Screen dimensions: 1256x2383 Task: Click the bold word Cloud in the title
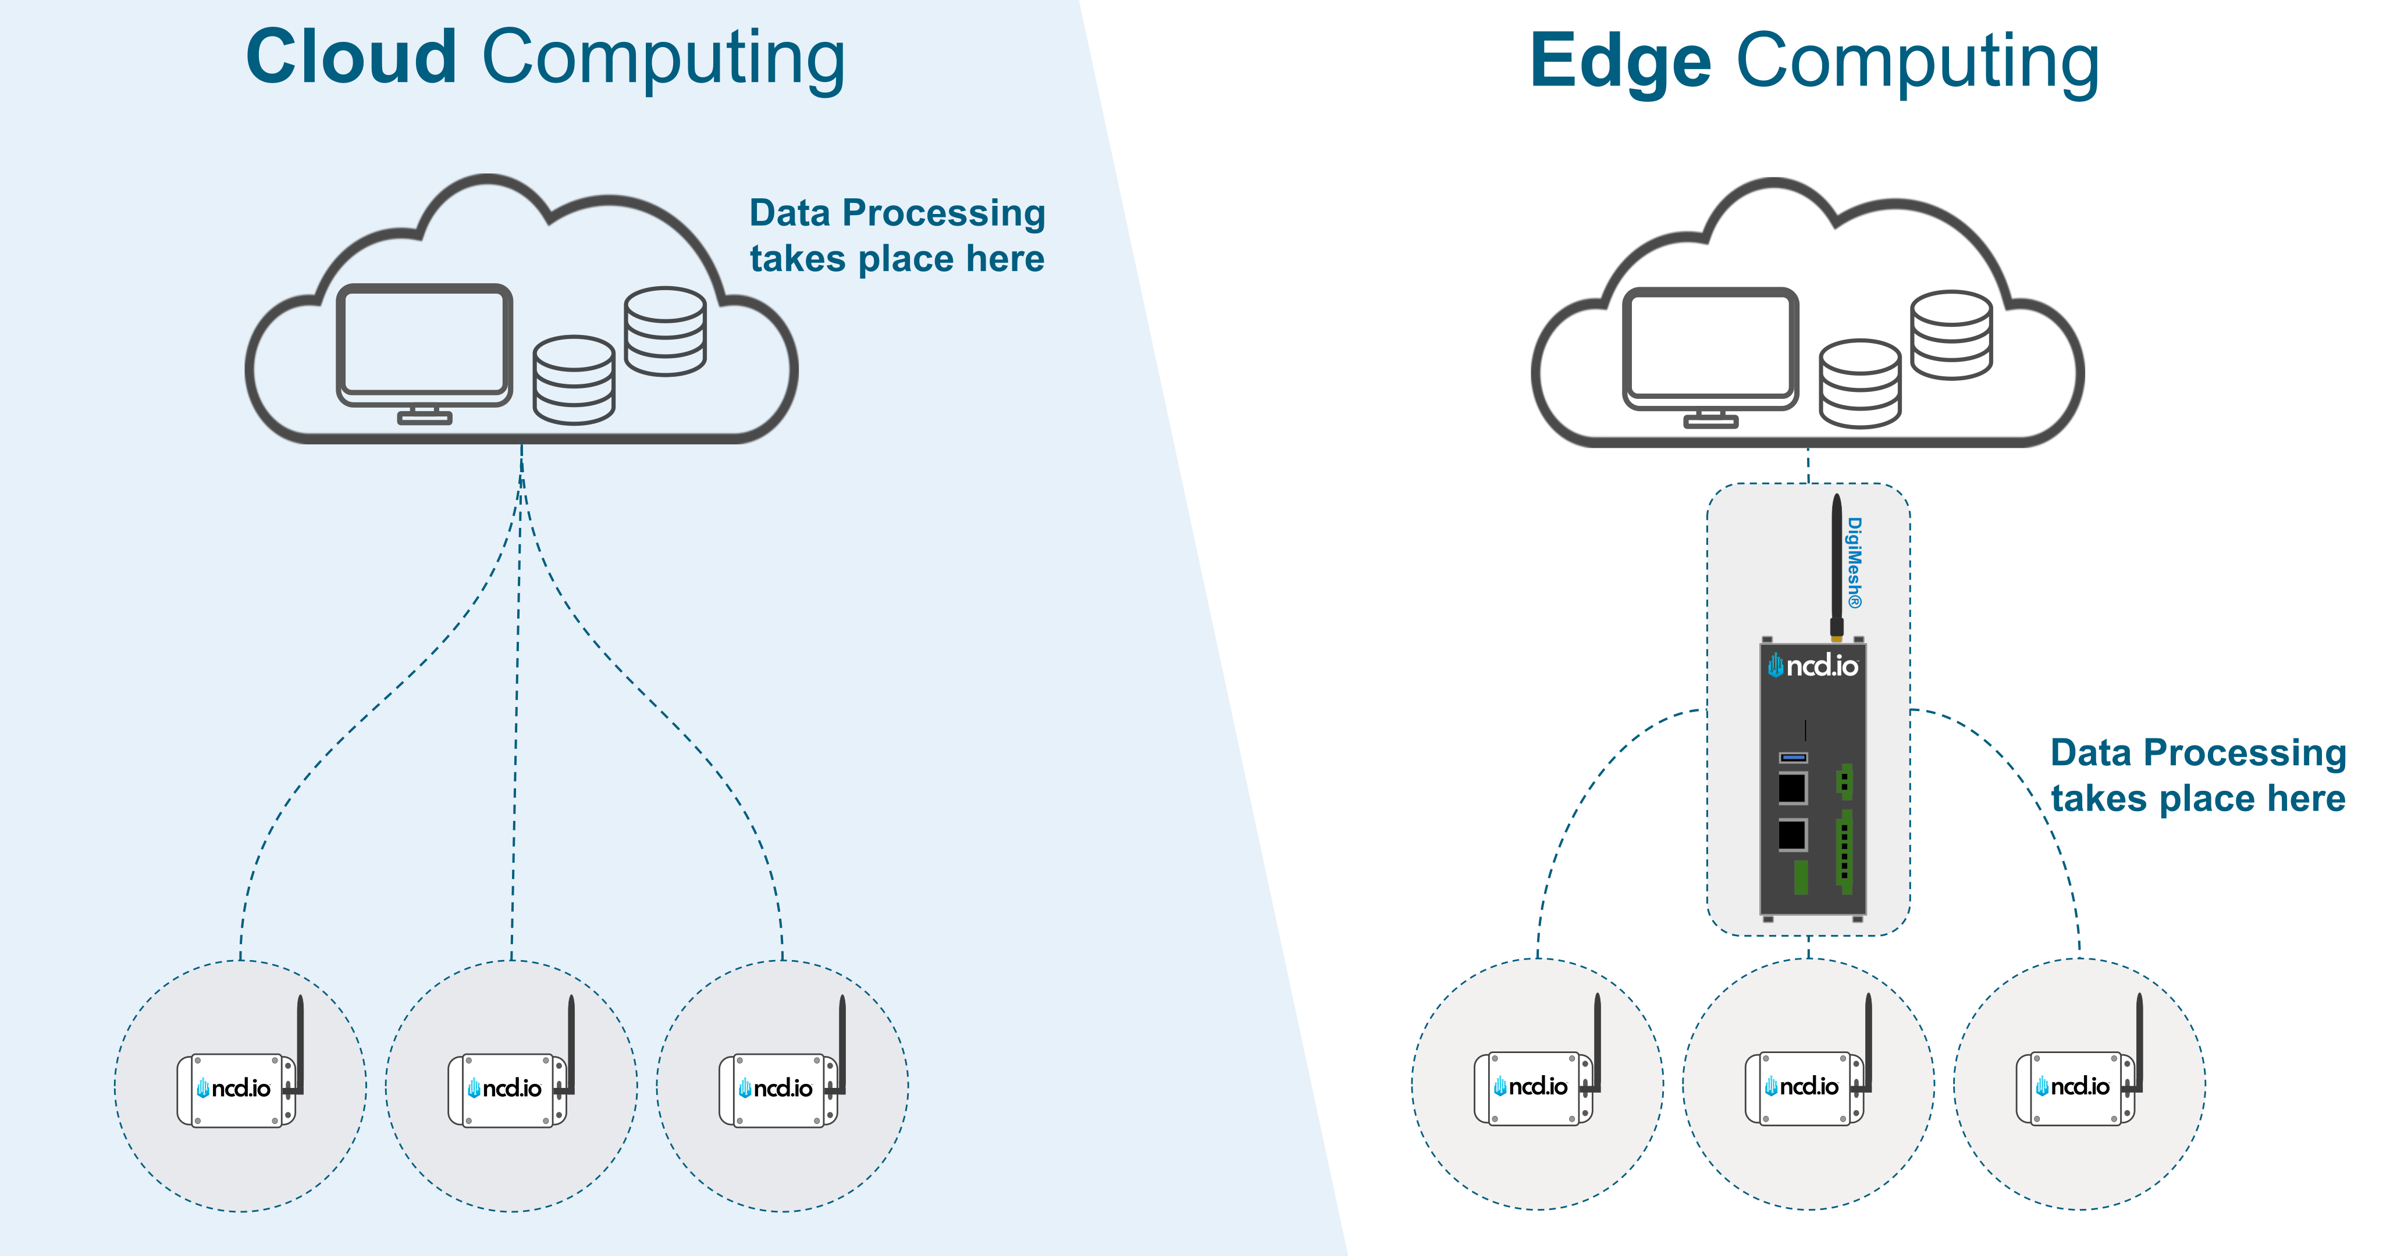(351, 58)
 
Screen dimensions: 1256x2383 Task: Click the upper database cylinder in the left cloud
(665, 330)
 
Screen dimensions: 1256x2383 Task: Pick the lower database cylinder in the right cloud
(1859, 384)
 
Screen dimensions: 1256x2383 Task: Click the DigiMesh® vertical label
(1854, 562)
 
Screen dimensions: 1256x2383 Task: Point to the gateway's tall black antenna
(1836, 564)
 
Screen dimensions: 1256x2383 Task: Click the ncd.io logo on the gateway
(1813, 666)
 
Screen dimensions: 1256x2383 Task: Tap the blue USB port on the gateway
(1793, 758)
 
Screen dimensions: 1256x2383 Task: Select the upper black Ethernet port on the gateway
(1792, 788)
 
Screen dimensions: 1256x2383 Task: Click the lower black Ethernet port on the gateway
(1792, 834)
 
